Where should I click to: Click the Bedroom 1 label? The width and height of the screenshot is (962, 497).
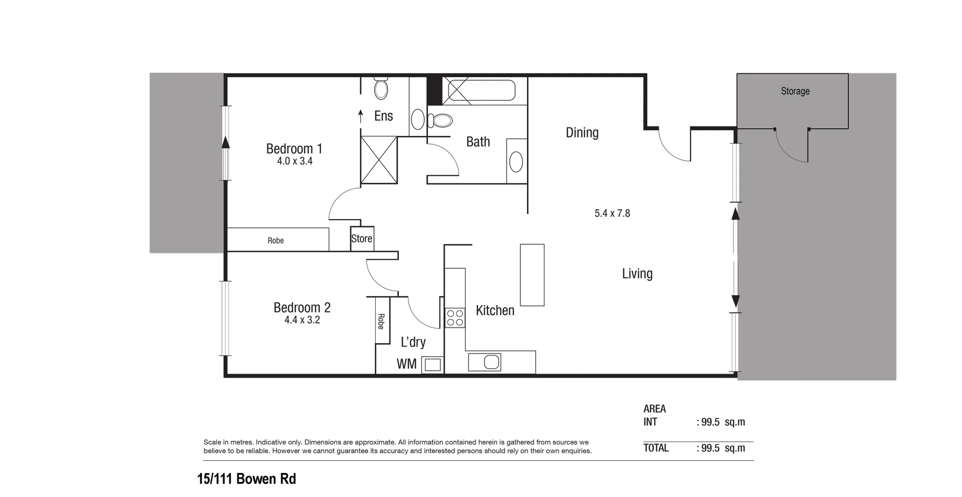(x=294, y=148)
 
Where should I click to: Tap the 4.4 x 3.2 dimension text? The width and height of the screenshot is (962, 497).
(x=302, y=320)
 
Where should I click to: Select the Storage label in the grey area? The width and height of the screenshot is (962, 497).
(x=795, y=91)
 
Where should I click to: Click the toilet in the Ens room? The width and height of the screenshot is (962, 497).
(x=381, y=89)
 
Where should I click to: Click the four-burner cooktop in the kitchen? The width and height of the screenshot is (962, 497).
(x=455, y=318)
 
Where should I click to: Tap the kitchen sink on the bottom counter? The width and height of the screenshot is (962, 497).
(x=485, y=362)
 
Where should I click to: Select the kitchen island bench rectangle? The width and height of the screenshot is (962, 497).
(x=532, y=275)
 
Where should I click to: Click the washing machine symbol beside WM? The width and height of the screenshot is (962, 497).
(x=432, y=364)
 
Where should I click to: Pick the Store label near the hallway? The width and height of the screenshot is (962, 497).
(x=361, y=239)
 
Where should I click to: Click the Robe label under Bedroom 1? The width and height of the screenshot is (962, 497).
(x=276, y=241)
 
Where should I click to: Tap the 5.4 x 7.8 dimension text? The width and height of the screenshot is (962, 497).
(x=612, y=213)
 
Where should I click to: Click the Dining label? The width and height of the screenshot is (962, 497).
(x=582, y=132)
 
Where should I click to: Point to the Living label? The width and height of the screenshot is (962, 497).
(x=637, y=273)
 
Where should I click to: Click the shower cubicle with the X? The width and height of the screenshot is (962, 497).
(x=379, y=159)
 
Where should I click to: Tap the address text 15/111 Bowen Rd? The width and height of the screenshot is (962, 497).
(x=247, y=479)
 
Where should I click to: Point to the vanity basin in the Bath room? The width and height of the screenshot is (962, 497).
(x=516, y=162)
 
